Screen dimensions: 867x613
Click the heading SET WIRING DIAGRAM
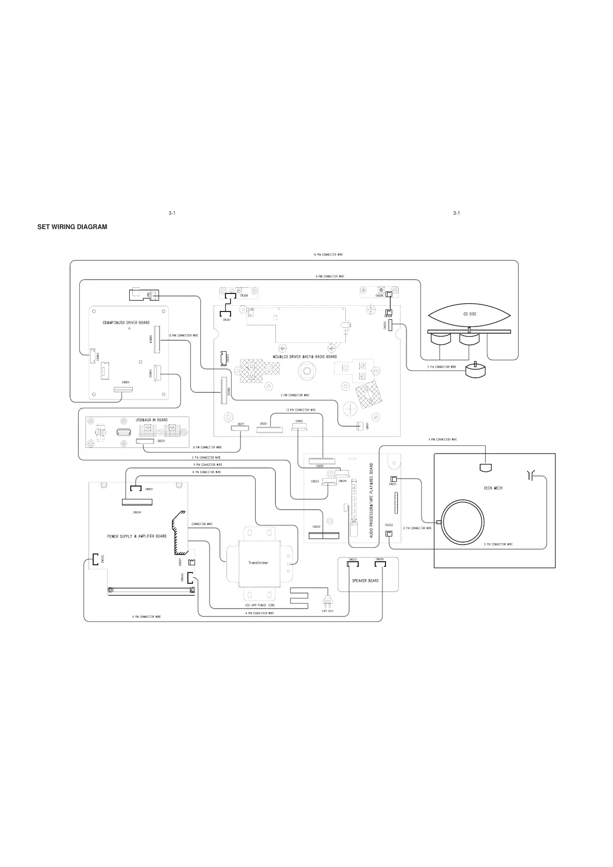pos(72,227)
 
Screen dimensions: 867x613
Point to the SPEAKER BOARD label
pos(365,581)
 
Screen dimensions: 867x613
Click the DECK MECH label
pos(493,488)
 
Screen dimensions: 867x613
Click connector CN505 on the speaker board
pos(353,564)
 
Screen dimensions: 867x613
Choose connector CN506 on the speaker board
pos(380,564)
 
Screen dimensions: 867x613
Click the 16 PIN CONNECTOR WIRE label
pos(328,255)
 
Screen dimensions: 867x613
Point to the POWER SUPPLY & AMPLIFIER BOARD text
pos(136,536)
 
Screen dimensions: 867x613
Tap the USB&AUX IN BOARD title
pos(151,420)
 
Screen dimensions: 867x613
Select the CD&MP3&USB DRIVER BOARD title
pos(126,323)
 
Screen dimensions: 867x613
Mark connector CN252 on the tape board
pos(389,532)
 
